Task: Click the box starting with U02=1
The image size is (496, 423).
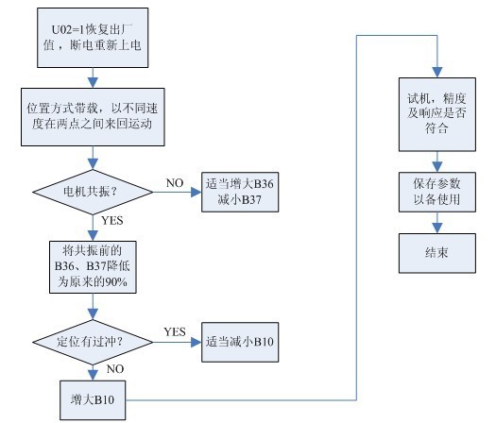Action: pos(93,38)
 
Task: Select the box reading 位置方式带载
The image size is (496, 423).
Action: pos(93,117)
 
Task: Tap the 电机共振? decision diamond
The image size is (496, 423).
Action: pos(93,192)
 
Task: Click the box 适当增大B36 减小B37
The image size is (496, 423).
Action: pos(240,192)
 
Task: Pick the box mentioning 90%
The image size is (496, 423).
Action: pos(93,267)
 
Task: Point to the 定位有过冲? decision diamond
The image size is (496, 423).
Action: pos(93,342)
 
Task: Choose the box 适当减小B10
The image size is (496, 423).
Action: pos(240,342)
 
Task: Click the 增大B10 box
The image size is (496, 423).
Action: pos(93,400)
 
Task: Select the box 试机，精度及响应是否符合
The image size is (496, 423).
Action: pos(437,114)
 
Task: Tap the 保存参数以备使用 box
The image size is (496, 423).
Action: pos(437,192)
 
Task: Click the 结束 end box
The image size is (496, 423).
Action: pos(437,253)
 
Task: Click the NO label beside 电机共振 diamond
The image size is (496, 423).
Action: pos(175,183)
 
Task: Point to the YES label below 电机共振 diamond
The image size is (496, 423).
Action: pos(112,220)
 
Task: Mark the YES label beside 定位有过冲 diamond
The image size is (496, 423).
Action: pos(175,331)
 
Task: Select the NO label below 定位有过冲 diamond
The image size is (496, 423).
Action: pos(115,368)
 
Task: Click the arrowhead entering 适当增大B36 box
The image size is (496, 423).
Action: pos(197,192)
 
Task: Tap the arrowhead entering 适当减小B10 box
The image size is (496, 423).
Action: pos(197,342)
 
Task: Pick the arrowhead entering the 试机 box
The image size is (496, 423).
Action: pos(437,73)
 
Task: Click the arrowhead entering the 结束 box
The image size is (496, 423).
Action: pos(437,228)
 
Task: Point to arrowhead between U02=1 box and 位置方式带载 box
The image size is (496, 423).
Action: pos(93,83)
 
